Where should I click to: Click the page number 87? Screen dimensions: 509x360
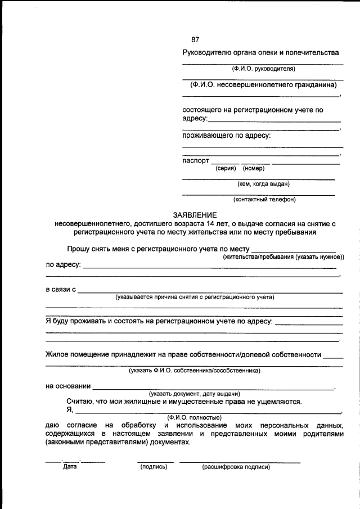tap(195, 39)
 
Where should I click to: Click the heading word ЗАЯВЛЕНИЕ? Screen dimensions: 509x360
tap(195, 215)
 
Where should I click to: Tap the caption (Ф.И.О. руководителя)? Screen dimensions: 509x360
tap(263, 69)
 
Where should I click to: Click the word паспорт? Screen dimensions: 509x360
tap(196, 161)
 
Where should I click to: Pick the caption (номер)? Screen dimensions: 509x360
tap(254, 168)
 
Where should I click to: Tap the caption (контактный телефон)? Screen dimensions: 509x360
tap(264, 199)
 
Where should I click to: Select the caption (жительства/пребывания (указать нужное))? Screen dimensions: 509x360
tap(283, 256)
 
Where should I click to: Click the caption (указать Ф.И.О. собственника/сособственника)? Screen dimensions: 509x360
tap(194, 371)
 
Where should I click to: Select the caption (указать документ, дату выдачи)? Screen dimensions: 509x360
tap(195, 394)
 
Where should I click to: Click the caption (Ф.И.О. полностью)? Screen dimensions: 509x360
tap(194, 417)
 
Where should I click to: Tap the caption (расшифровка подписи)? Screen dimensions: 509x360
tap(236, 466)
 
